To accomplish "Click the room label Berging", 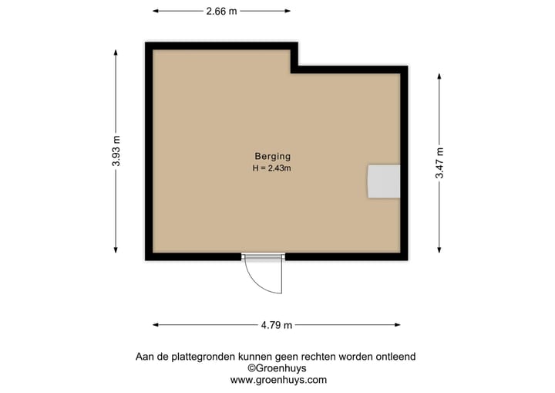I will [x=272, y=156].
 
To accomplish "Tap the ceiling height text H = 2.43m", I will [x=272, y=168].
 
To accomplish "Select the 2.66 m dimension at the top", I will [x=221, y=11].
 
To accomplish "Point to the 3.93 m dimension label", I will [x=116, y=151].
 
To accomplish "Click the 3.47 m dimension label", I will [x=439, y=163].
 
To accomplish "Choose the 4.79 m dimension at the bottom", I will [x=277, y=325].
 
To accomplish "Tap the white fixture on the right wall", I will [x=383, y=181].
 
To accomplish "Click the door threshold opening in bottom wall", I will [x=263, y=256].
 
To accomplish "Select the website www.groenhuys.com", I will [x=278, y=380].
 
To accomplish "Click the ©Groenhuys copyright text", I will [x=277, y=368].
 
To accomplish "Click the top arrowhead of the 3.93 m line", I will [x=116, y=52].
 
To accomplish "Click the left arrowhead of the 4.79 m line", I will [x=155, y=325].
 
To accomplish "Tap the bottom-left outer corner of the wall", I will [x=146, y=259].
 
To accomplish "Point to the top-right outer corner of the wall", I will [x=406, y=67].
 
